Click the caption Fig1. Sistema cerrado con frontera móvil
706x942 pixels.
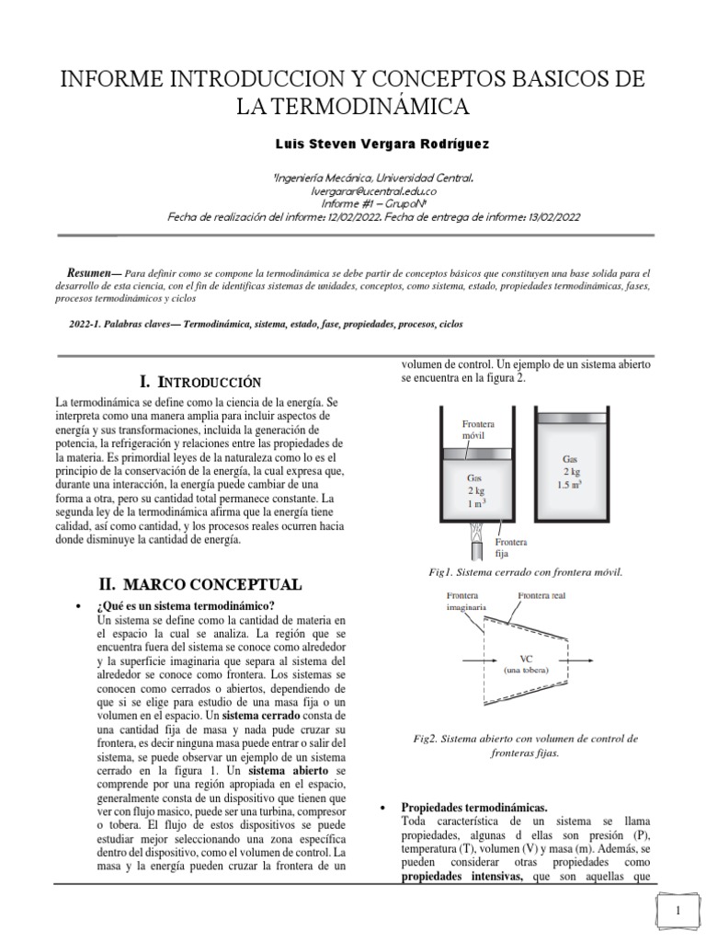coord(526,571)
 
